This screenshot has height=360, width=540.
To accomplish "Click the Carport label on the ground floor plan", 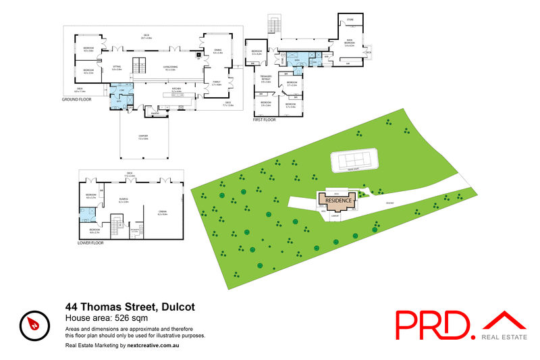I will pos(143,137).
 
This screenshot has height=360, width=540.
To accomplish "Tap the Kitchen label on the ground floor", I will pos(177,88).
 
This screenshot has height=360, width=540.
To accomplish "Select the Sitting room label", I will pos(117,68).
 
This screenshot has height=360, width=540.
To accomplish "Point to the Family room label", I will pos(216,84).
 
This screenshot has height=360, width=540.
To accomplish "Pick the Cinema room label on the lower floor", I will pos(162,212).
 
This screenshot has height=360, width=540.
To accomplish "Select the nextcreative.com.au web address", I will pos(155,345).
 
